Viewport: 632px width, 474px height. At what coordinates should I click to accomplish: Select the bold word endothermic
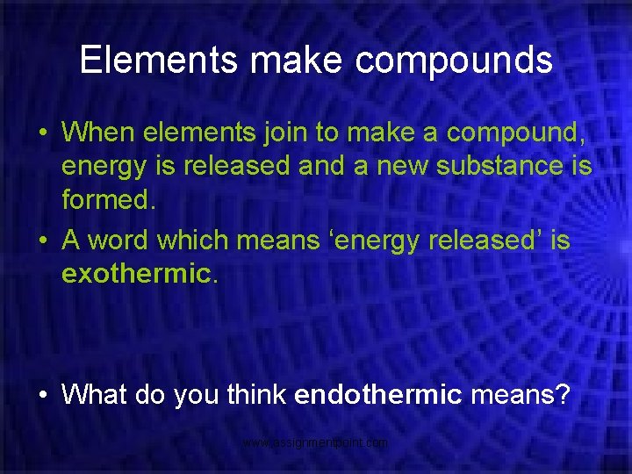coord(378,394)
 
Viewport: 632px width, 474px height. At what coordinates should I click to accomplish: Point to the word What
coord(95,394)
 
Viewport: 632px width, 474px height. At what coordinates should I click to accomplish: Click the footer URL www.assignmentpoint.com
coord(316,443)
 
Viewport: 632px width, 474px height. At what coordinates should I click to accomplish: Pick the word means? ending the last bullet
coord(520,394)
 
